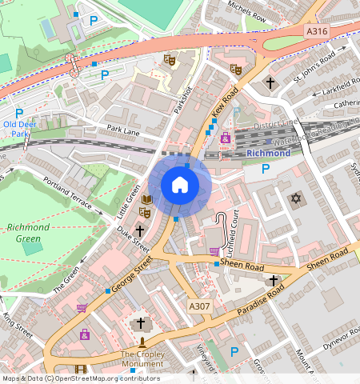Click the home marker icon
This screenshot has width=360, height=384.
click(x=180, y=186)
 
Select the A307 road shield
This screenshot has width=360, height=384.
click(x=200, y=306)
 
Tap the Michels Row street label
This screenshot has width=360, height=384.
click(x=246, y=11)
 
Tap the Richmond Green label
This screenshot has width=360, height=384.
click(x=28, y=232)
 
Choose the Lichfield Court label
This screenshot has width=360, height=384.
click(x=236, y=230)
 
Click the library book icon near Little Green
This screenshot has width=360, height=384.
click(x=146, y=199)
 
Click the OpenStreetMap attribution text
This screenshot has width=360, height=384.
click(x=80, y=378)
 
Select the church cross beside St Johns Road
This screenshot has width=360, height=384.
click(x=270, y=82)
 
